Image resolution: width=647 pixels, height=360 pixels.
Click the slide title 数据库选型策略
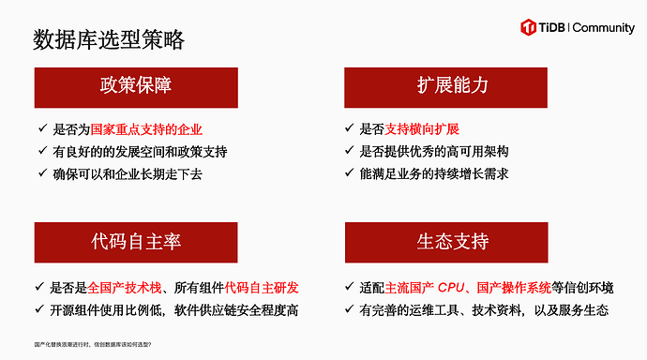click(x=108, y=39)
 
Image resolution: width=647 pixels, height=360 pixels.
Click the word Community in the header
click(x=603, y=28)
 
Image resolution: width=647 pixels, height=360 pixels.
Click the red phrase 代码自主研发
click(x=267, y=286)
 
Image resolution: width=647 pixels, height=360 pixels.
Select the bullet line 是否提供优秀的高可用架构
click(x=435, y=151)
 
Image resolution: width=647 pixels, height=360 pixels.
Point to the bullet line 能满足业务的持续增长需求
click(x=440, y=173)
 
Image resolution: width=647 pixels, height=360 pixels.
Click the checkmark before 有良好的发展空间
click(x=42, y=151)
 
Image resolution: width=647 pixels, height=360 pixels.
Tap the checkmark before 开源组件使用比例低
click(x=42, y=308)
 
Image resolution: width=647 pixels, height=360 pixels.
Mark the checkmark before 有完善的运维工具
click(x=351, y=308)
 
